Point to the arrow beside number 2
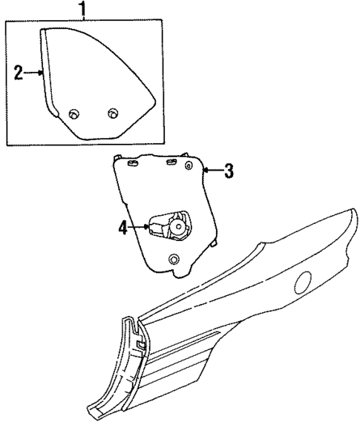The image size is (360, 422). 34,73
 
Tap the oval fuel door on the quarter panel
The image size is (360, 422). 304,282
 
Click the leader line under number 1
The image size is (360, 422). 83,20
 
